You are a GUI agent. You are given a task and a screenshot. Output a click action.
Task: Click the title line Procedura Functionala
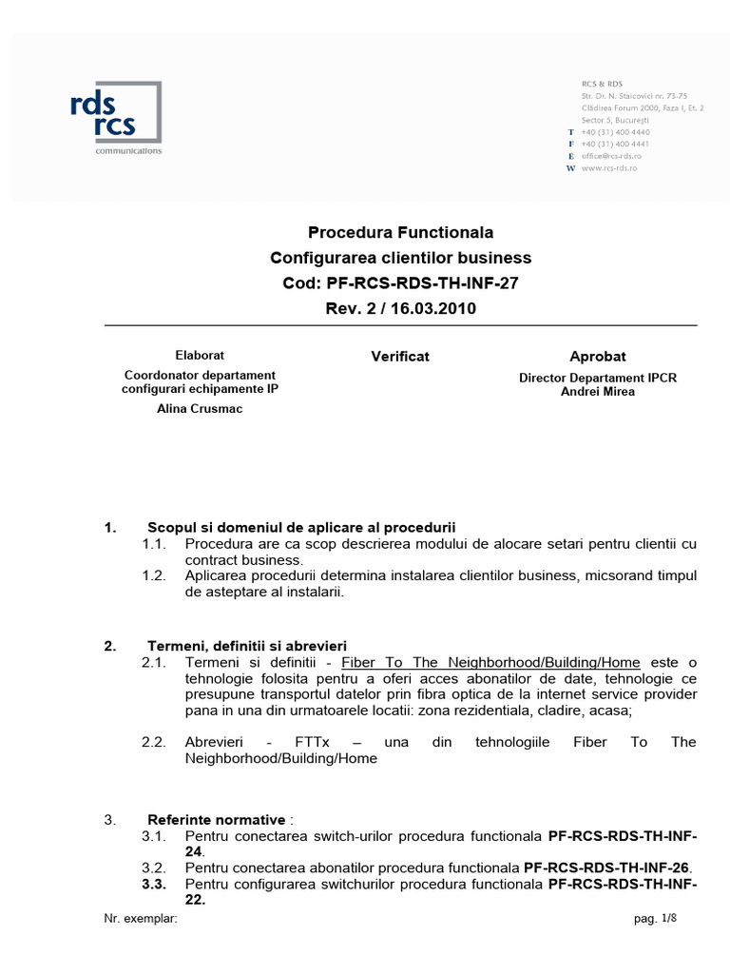pos(400,232)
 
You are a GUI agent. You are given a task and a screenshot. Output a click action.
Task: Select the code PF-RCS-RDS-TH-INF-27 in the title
pos(422,282)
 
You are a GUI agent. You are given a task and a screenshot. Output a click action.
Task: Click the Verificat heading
pos(399,356)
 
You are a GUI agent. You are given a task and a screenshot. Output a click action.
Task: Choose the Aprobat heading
pos(597,356)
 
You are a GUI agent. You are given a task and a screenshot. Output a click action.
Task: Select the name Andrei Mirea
pos(598,391)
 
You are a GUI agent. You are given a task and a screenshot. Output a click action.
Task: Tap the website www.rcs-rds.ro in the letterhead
pos(608,167)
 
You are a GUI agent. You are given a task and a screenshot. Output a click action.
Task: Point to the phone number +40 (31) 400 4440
pos(615,131)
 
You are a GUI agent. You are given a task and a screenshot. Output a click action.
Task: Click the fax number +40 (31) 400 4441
pos(615,144)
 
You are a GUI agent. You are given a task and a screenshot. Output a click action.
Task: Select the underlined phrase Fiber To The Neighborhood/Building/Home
pos(490,662)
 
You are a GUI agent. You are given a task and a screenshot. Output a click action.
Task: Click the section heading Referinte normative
pos(216,819)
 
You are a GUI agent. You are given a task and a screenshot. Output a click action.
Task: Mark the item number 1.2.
pos(154,575)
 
